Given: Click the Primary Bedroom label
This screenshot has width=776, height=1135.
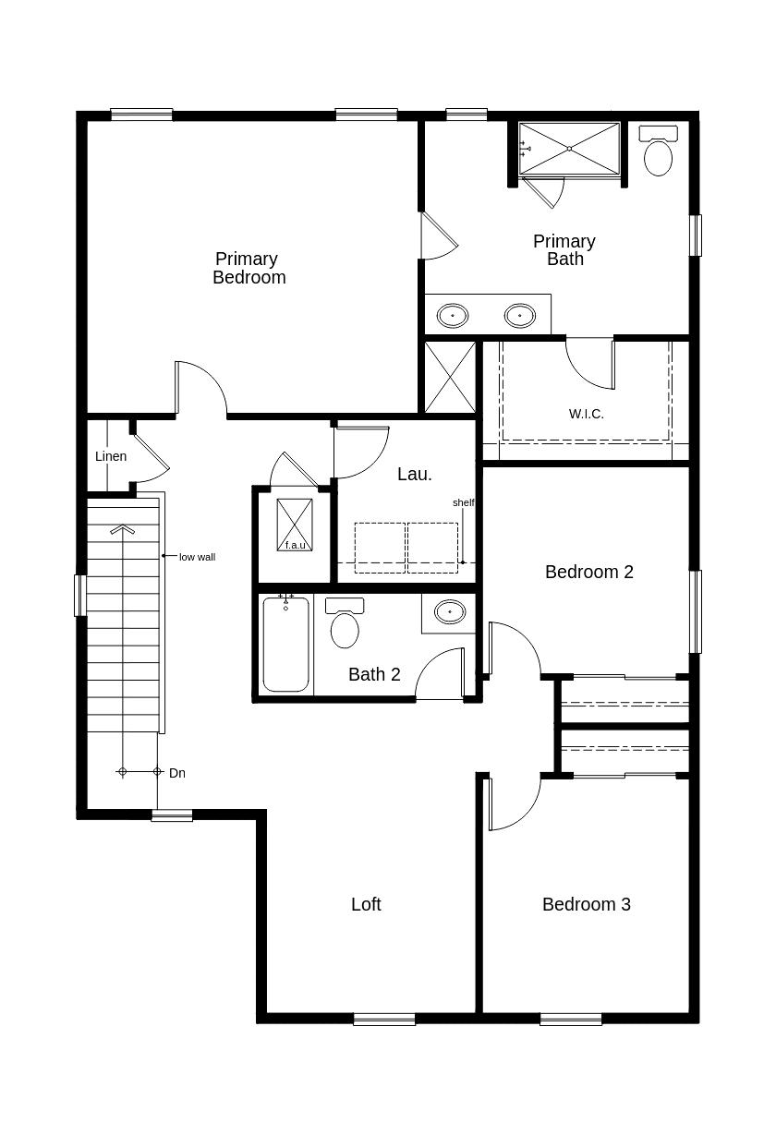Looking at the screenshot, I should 249,268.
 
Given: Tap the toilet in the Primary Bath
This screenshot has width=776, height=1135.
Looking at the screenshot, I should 658,153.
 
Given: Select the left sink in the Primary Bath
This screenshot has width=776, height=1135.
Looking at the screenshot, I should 452,316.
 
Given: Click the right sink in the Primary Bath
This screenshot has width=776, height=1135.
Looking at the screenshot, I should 520,316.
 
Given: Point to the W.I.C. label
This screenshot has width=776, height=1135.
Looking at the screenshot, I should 586,414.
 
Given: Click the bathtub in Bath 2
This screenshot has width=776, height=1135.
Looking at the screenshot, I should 285,644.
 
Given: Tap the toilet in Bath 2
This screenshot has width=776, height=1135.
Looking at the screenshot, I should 345,625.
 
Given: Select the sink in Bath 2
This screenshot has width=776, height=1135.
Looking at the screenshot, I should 450,611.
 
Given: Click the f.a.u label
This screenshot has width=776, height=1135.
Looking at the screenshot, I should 295,545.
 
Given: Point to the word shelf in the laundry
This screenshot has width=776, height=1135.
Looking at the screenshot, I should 463,502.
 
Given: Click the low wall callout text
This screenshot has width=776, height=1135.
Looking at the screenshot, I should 197,557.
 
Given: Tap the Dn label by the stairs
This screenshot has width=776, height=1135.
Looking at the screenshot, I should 177,773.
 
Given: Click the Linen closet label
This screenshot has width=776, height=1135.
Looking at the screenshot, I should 111,456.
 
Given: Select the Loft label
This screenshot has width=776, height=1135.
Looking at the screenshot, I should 366,904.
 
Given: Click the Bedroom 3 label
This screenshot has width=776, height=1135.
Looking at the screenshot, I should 586,904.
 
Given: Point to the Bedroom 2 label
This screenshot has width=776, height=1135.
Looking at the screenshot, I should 588,572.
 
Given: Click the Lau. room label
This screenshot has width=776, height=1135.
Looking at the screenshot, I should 414,474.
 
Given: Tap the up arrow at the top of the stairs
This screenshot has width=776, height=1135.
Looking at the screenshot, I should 122,530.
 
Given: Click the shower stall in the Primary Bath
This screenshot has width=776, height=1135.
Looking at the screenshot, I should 569,148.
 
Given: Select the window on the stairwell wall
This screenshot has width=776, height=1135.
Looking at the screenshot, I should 80,596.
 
